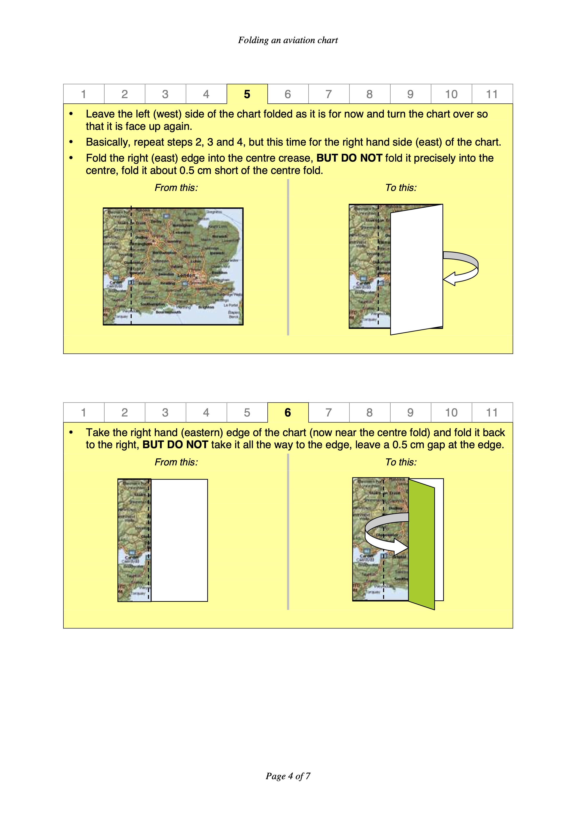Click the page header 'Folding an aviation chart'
click(288, 40)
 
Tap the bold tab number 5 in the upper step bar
click(247, 94)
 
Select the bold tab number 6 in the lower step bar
click(288, 413)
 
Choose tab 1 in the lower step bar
click(83, 413)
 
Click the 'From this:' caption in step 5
click(176, 188)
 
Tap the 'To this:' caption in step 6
click(401, 462)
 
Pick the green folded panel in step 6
click(422, 544)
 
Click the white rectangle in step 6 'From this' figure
click(179, 540)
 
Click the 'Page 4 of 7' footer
click(288, 776)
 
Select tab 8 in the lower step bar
click(369, 413)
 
